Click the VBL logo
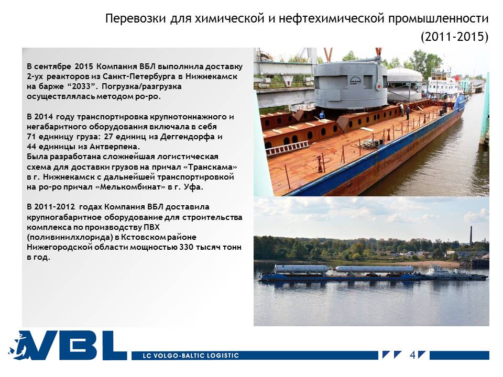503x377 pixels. click(x=68, y=346)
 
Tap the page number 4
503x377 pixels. click(x=412, y=355)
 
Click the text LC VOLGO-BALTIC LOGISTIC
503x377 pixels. click(x=191, y=356)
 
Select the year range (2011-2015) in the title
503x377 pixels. click(x=455, y=37)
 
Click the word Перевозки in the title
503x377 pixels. click(x=135, y=19)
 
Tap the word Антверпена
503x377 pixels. click(x=115, y=147)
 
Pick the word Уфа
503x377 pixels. click(x=193, y=187)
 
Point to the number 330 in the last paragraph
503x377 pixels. click(x=186, y=247)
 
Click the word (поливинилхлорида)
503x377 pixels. click(x=69, y=237)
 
